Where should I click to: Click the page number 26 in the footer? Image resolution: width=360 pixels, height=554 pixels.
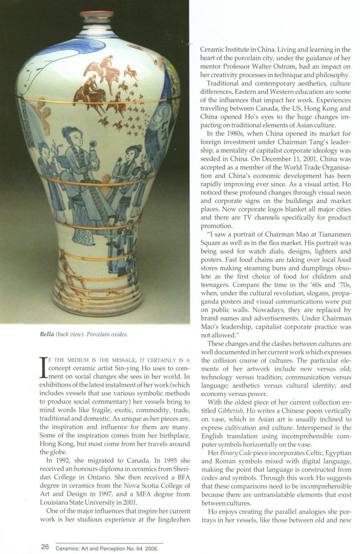45,546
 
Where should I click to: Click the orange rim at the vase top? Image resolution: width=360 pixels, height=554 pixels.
97,13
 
